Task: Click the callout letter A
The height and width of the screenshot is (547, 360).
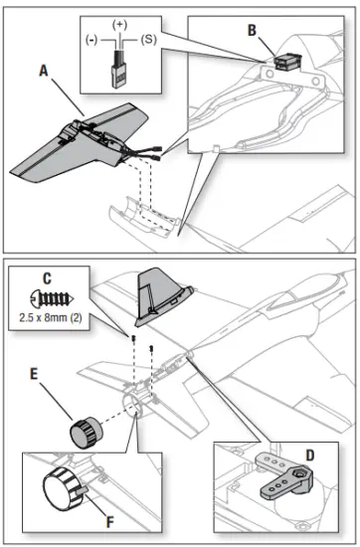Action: pos(46,71)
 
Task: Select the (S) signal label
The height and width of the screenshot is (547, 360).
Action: pos(148,40)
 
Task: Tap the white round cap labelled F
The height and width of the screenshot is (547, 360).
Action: pos(61,490)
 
